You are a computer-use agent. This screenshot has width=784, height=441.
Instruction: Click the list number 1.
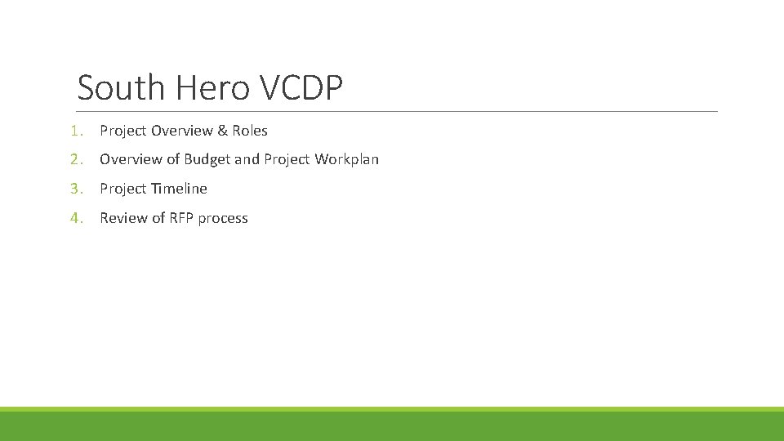tap(75, 131)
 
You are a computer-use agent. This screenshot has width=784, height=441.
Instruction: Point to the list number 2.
tap(75, 159)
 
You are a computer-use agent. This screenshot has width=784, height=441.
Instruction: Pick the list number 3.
tap(75, 189)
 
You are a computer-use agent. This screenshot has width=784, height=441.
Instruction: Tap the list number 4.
tap(75, 218)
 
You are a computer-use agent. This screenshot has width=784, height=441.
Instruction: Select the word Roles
tap(250, 131)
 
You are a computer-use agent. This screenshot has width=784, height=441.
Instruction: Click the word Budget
tap(207, 159)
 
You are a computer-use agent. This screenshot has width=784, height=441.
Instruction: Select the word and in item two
tap(247, 159)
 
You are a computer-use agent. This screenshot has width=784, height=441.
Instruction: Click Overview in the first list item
tap(181, 131)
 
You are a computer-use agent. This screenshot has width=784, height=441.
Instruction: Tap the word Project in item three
tap(123, 189)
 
